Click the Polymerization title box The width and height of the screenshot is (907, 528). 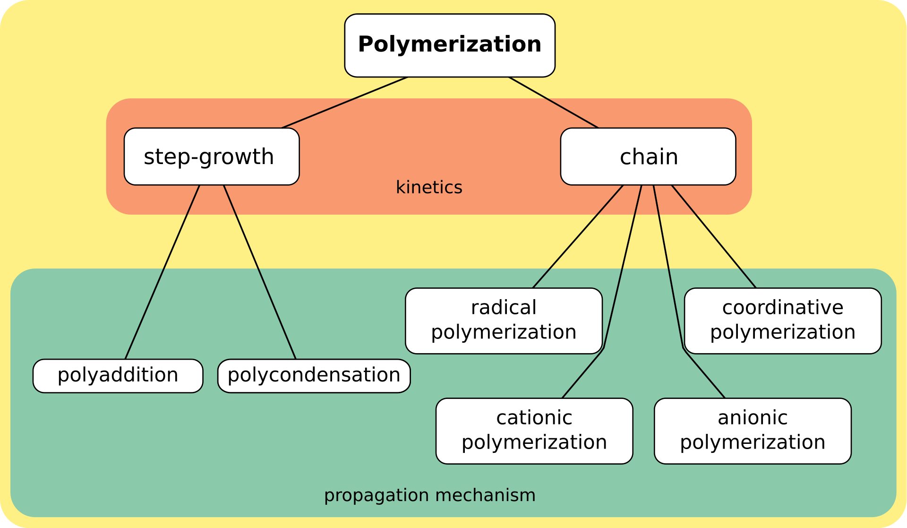(450, 45)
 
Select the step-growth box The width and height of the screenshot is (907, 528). (212, 156)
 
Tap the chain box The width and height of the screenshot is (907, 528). (648, 156)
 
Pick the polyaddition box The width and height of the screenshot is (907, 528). (118, 376)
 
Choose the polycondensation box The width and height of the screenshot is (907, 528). (314, 376)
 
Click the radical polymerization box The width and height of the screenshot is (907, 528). (504, 321)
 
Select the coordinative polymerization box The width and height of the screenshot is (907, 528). (783, 321)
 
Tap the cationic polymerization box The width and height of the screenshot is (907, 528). (534, 431)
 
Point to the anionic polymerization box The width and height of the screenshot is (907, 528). (753, 431)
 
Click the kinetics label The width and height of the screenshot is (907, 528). (429, 187)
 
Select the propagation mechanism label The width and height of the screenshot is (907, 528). (430, 495)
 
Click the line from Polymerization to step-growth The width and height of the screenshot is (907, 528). (345, 103)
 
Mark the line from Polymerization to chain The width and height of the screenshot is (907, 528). (554, 103)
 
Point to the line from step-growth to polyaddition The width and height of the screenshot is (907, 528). (163, 272)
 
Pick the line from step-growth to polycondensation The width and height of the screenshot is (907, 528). (259, 272)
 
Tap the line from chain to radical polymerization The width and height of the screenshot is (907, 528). (578, 236)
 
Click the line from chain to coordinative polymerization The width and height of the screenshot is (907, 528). (714, 236)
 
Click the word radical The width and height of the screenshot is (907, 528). (504, 308)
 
